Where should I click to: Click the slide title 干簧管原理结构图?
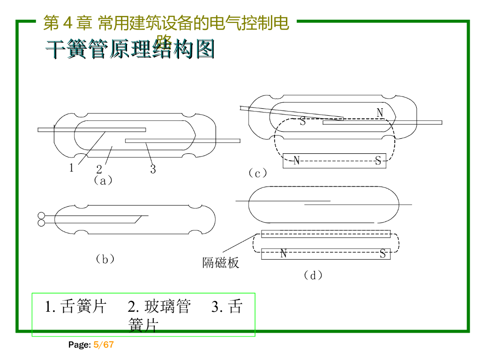[130, 49]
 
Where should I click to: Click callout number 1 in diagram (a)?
[72, 168]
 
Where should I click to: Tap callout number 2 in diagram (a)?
[99, 169]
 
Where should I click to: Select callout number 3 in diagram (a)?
[153, 169]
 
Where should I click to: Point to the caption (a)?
[103, 180]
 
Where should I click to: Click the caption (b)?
[105, 259]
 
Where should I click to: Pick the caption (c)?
[258, 173]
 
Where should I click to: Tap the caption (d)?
[313, 275]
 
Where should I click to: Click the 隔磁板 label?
[221, 263]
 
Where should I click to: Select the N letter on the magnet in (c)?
[296, 161]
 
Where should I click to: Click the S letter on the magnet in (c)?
[378, 161]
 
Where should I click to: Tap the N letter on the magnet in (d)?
[284, 254]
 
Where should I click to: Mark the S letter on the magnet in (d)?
[382, 254]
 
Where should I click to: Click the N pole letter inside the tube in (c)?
[380, 113]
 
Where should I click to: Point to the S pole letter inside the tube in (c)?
[303, 122]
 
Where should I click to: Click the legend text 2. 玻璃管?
[159, 307]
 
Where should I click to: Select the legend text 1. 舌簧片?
[76, 307]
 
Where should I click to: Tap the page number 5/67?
[104, 345]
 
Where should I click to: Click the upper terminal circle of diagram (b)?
[41, 216]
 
